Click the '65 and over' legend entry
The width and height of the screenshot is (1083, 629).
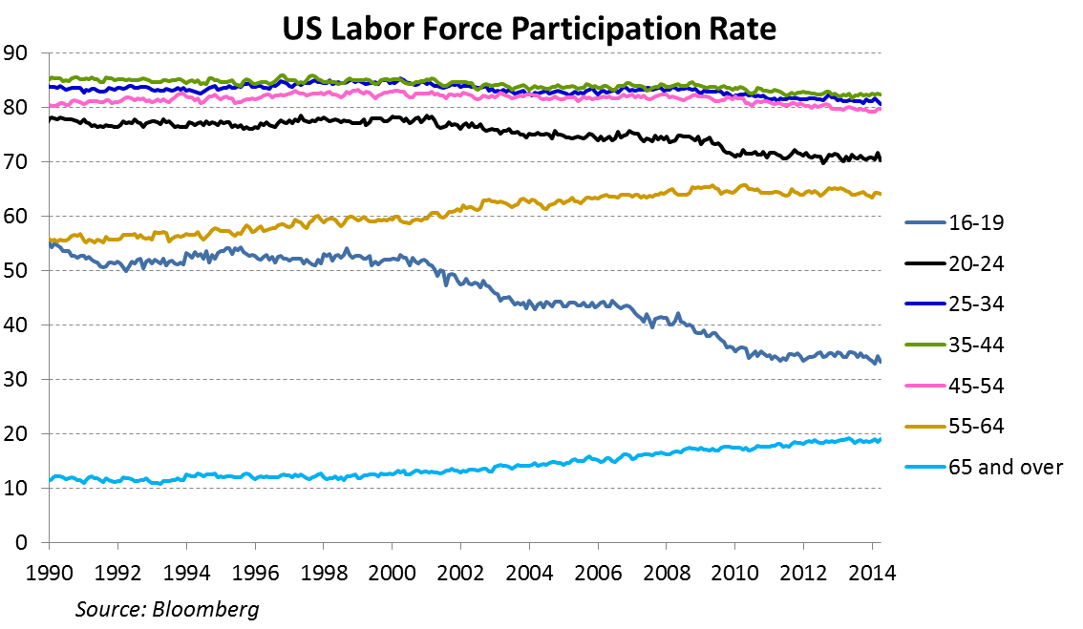tap(993, 468)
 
